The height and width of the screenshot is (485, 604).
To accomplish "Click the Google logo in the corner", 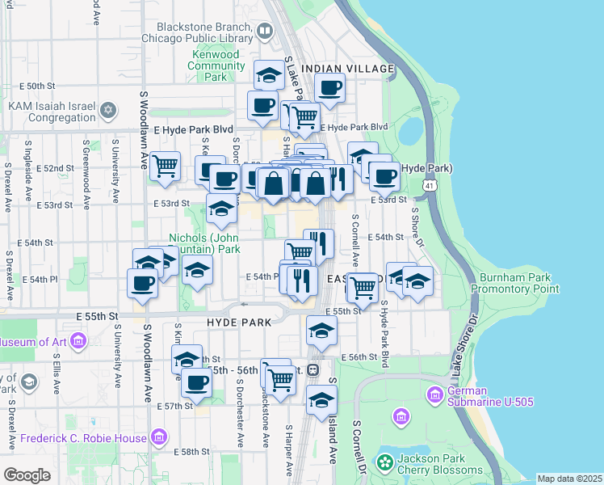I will pos(27,474).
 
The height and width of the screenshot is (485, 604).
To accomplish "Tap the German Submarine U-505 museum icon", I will pos(434,394).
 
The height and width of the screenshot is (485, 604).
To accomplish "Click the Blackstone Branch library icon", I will pos(265,32).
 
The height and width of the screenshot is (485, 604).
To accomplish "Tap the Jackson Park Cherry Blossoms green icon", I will pos(385,463).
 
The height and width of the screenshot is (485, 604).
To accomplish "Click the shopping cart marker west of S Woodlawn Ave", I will pos(165,166).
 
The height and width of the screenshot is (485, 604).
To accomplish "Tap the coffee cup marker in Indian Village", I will pos(329,88).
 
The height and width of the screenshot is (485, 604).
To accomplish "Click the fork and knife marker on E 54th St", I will pos(320,242).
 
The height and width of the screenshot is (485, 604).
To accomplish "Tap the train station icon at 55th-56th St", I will pos(312,370).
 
